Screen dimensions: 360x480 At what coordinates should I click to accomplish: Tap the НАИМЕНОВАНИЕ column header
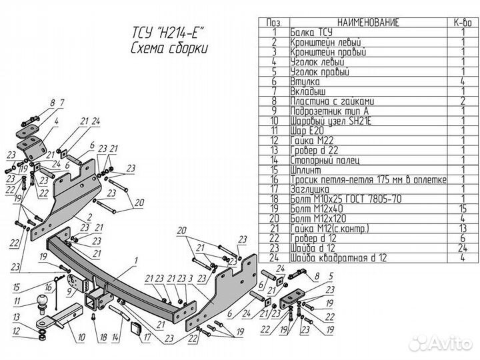[x=368, y=23]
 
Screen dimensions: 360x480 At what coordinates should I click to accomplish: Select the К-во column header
[x=459, y=23]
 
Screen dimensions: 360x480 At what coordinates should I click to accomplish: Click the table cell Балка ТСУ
[x=312, y=32]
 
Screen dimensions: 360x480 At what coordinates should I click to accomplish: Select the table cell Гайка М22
[x=311, y=141]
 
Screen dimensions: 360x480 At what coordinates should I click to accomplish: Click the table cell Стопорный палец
[x=325, y=160]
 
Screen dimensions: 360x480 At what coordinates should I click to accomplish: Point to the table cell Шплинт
[x=305, y=170]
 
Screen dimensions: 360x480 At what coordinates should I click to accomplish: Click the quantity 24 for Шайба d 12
[x=459, y=249]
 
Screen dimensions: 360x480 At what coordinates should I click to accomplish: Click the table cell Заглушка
[x=310, y=189]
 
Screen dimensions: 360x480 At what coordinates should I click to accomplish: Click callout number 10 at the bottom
[x=81, y=338]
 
